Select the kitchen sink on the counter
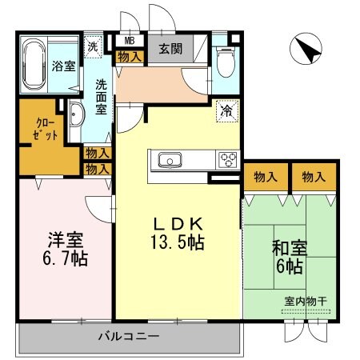coord(171,159)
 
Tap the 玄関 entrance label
coord(170,48)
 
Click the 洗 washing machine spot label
coord(94,46)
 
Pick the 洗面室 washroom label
coord(102,96)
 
